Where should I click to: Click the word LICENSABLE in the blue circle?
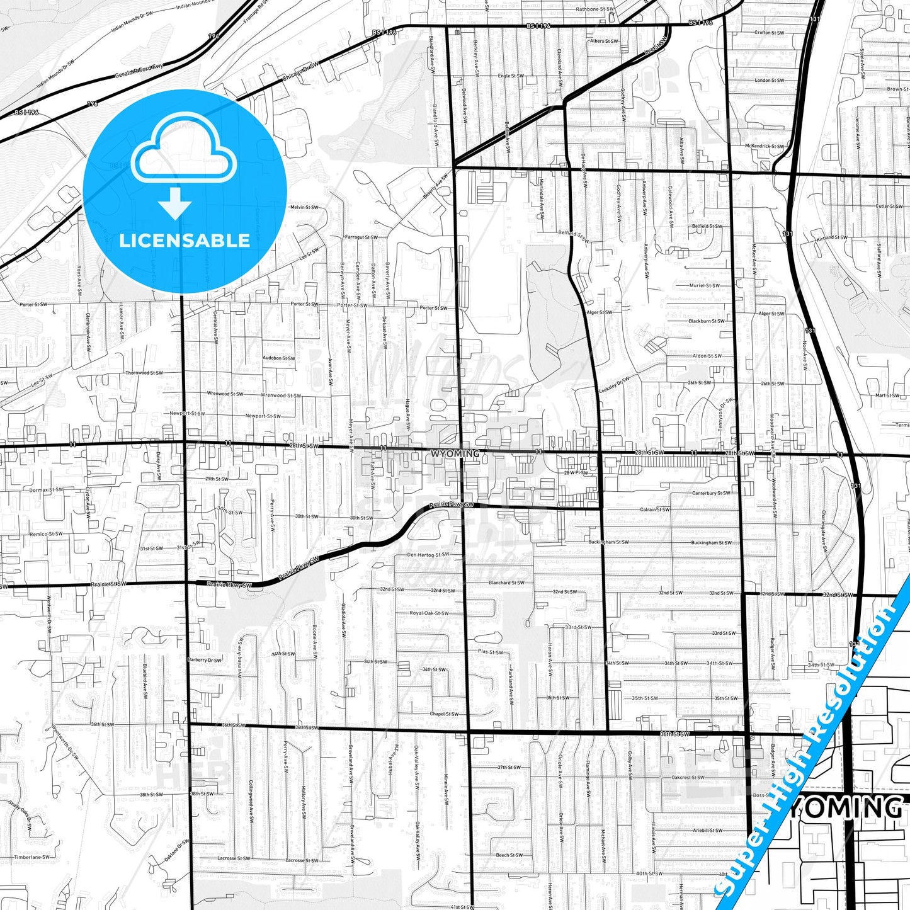tap(185, 240)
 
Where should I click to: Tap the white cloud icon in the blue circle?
tap(185, 155)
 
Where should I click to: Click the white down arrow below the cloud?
tap(175, 203)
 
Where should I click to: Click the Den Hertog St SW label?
tap(428, 555)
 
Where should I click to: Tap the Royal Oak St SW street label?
tap(429, 613)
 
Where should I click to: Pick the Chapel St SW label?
tap(444, 714)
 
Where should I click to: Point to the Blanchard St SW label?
tap(506, 583)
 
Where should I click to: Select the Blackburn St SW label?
tap(706, 321)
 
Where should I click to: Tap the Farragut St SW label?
tap(361, 237)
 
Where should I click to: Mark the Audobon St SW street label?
tap(278, 358)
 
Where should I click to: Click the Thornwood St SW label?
tap(144, 373)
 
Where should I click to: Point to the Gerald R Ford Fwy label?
tap(139, 70)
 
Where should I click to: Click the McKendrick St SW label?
tap(765, 146)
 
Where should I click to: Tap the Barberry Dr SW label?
tap(205, 660)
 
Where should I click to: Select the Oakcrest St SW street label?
tap(688, 777)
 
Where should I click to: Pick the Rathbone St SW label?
tap(594, 9)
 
